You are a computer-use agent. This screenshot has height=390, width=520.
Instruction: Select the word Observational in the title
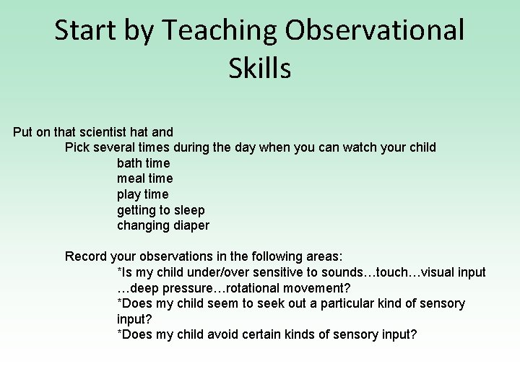(375, 30)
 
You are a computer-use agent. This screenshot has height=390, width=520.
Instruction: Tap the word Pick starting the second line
(77, 147)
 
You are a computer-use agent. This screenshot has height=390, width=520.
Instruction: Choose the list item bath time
(143, 163)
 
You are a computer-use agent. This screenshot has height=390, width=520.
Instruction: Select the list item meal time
(144, 178)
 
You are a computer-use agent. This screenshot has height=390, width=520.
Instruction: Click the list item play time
(142, 194)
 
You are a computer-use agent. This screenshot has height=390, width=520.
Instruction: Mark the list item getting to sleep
(160, 210)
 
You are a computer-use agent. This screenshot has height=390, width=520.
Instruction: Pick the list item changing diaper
(162, 225)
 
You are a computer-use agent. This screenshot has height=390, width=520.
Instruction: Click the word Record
(87, 256)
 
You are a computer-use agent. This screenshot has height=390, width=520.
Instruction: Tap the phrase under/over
(209, 272)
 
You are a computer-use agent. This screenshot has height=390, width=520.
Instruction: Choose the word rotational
(260, 288)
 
